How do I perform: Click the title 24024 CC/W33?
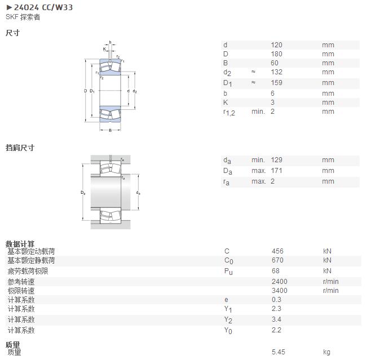tap(43, 7)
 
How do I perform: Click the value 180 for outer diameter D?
tap(276, 54)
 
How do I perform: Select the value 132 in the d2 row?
tap(276, 72)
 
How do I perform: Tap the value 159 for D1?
tap(276, 83)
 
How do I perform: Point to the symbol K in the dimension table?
tap(225, 103)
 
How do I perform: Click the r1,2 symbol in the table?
tap(229, 113)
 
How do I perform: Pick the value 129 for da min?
tap(276, 160)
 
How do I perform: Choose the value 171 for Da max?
tap(276, 171)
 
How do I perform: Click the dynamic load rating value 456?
tap(277, 251)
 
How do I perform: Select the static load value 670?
tap(277, 260)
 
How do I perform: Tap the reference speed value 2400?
tap(280, 281)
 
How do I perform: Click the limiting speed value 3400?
tap(280, 291)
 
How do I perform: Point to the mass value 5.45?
tap(278, 352)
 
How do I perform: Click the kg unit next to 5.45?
tap(327, 352)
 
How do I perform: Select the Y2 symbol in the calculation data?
tap(228, 320)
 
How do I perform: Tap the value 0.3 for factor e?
tap(276, 300)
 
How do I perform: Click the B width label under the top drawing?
tap(110, 131)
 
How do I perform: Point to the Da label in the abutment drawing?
tap(83, 193)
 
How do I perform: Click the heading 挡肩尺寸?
tap(20, 148)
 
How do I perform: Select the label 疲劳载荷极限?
tap(28, 271)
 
